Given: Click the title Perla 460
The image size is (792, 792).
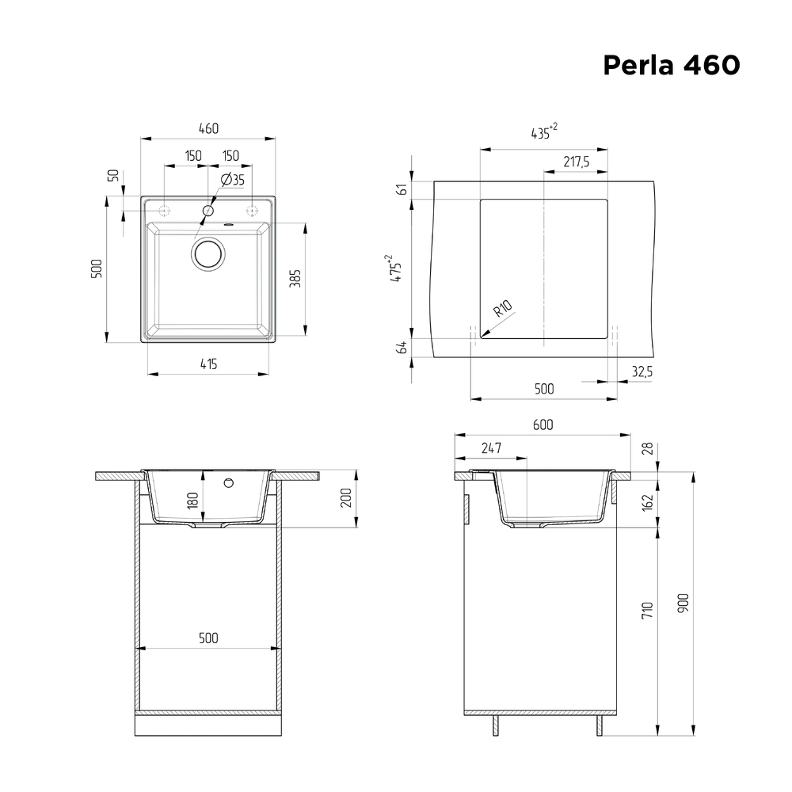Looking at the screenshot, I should coord(671,65).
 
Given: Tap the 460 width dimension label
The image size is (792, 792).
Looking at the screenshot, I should coord(208,129).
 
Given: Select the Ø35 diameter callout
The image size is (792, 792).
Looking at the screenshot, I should coord(233,180).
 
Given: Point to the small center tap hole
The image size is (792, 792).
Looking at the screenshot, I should coord(208,211).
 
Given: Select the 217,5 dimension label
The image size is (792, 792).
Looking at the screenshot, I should coord(576,162).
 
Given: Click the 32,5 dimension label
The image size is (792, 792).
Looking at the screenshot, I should coord(642,370).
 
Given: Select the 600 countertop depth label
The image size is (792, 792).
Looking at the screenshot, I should coord(543,425).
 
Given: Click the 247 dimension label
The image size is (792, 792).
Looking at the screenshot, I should coord(491,448).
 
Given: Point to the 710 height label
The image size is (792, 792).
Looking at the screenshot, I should coord(648,610).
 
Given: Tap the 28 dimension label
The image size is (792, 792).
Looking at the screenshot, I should coord(648,449).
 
